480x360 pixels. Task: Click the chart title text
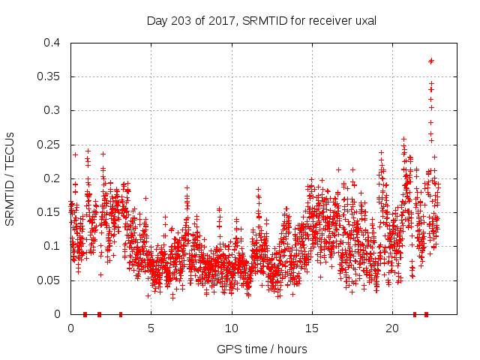(261, 21)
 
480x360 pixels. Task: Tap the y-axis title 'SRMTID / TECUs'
(10, 179)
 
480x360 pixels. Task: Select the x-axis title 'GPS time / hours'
(261, 349)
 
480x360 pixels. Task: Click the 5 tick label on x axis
(151, 328)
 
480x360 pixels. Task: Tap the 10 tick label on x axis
(231, 328)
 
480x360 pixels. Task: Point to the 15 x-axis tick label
(311, 328)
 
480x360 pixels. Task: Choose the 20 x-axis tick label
(392, 328)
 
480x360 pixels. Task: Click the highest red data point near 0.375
(431, 61)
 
